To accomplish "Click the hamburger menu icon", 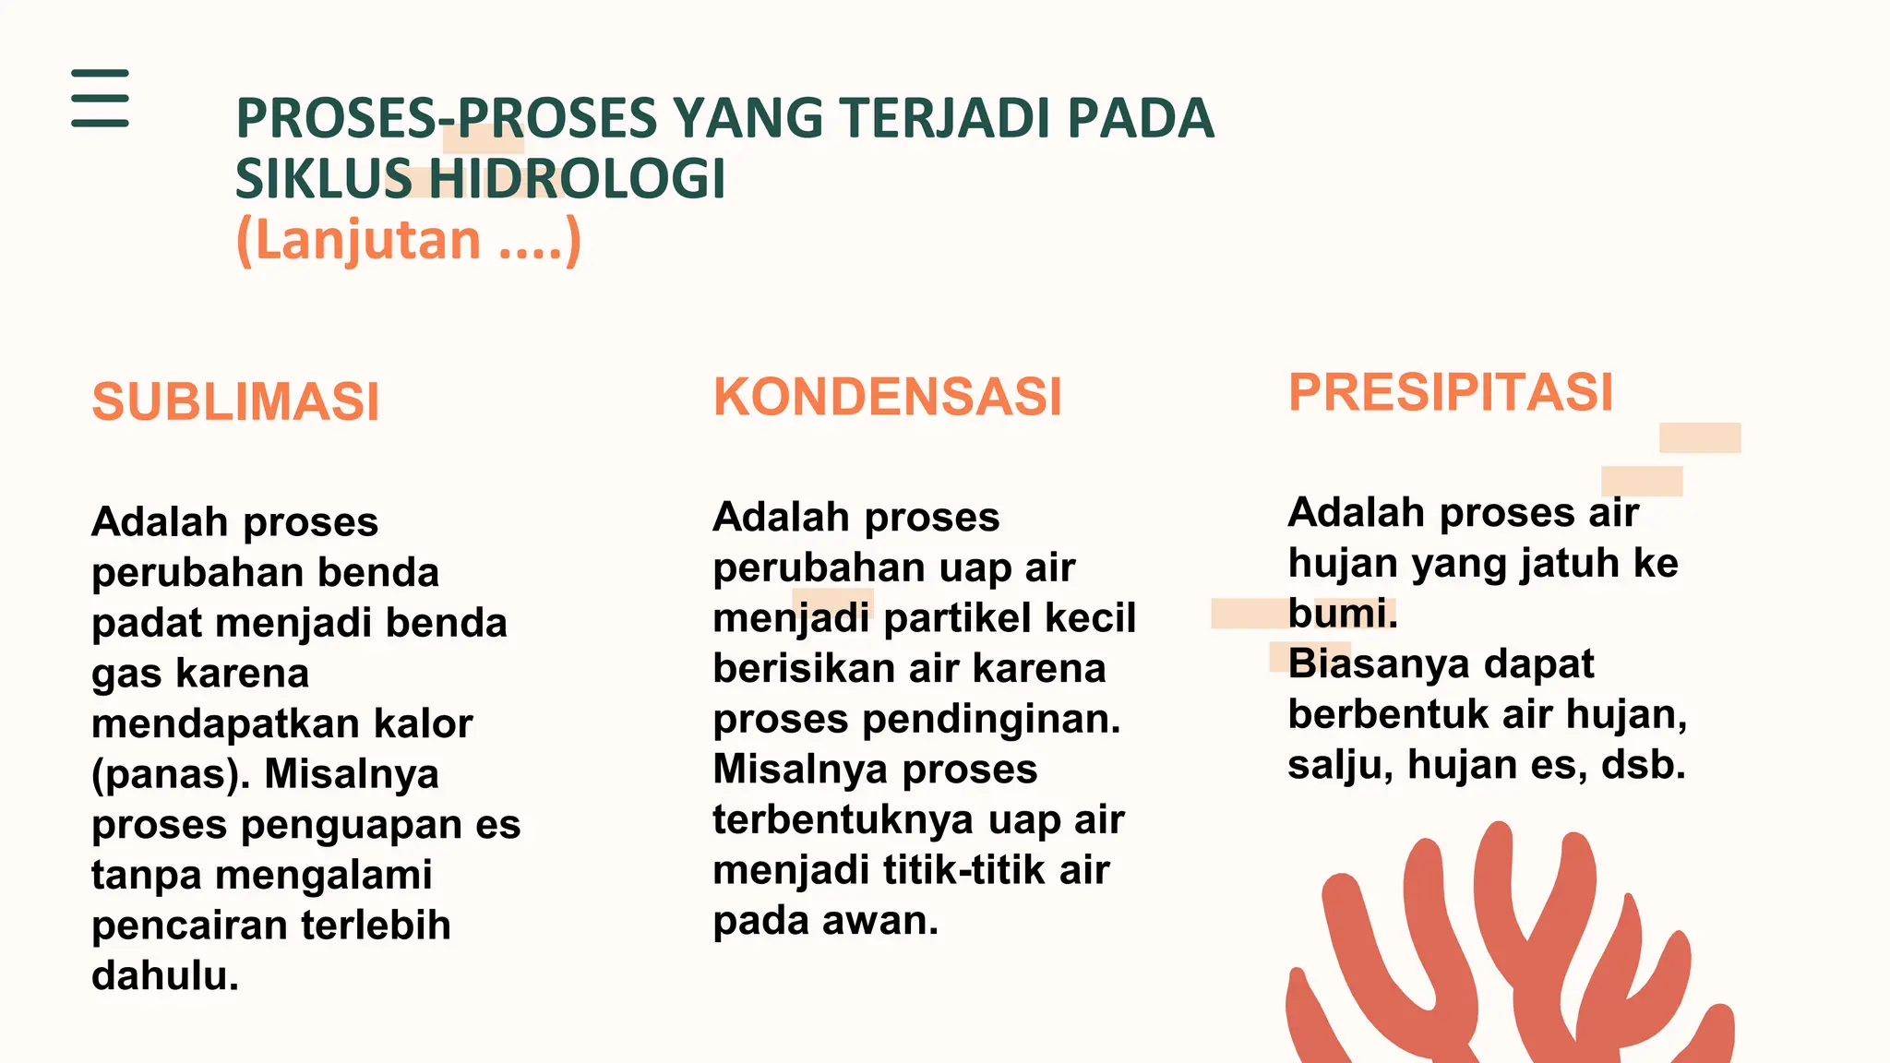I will pos(100,98).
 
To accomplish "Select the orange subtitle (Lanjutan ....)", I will pos(408,240).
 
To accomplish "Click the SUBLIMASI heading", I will pos(235,402).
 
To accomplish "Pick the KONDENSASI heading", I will pos(887,397).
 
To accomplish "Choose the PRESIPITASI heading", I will pos(1450,392).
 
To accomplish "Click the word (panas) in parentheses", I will pos(171,774).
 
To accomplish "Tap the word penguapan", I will pos(351,825).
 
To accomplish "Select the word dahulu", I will pos(164,976).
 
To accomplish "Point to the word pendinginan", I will pos(991,719).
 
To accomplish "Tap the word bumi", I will pos(1342,614).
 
